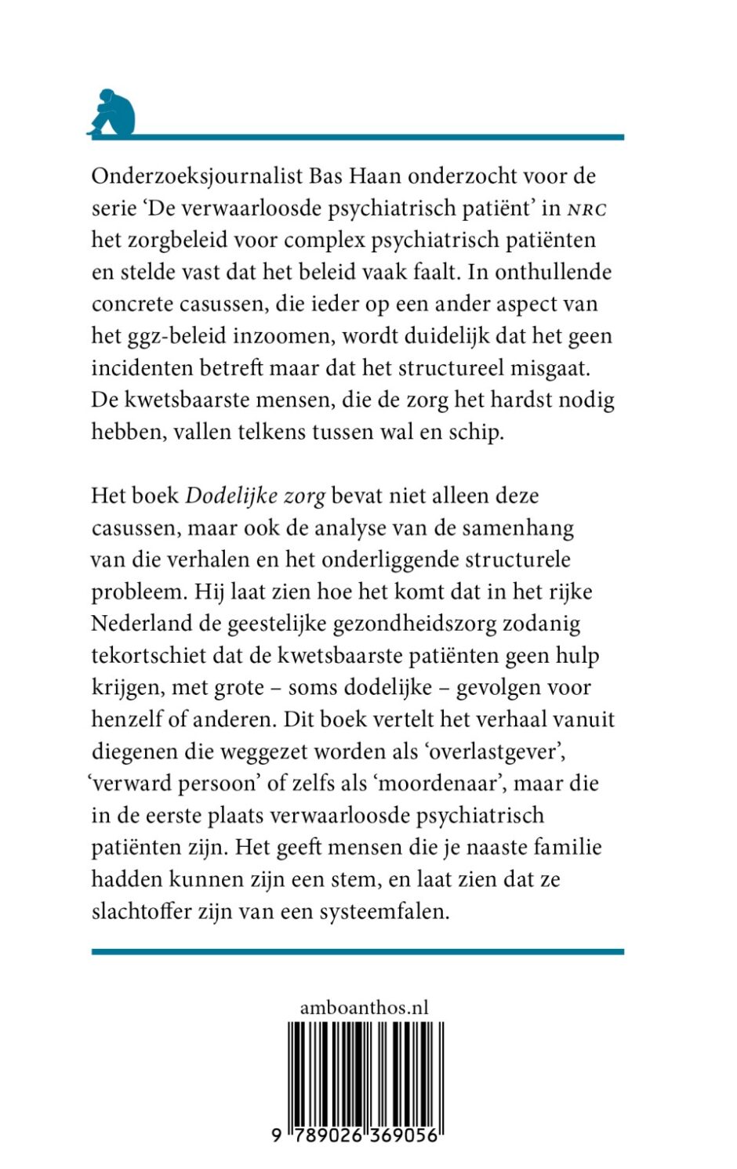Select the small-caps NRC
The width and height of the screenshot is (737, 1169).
coord(587,208)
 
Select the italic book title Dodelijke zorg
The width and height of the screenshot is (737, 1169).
coord(255,496)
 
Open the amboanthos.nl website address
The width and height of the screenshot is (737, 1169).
coord(364,1008)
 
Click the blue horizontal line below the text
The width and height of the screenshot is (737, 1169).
coord(358,952)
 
